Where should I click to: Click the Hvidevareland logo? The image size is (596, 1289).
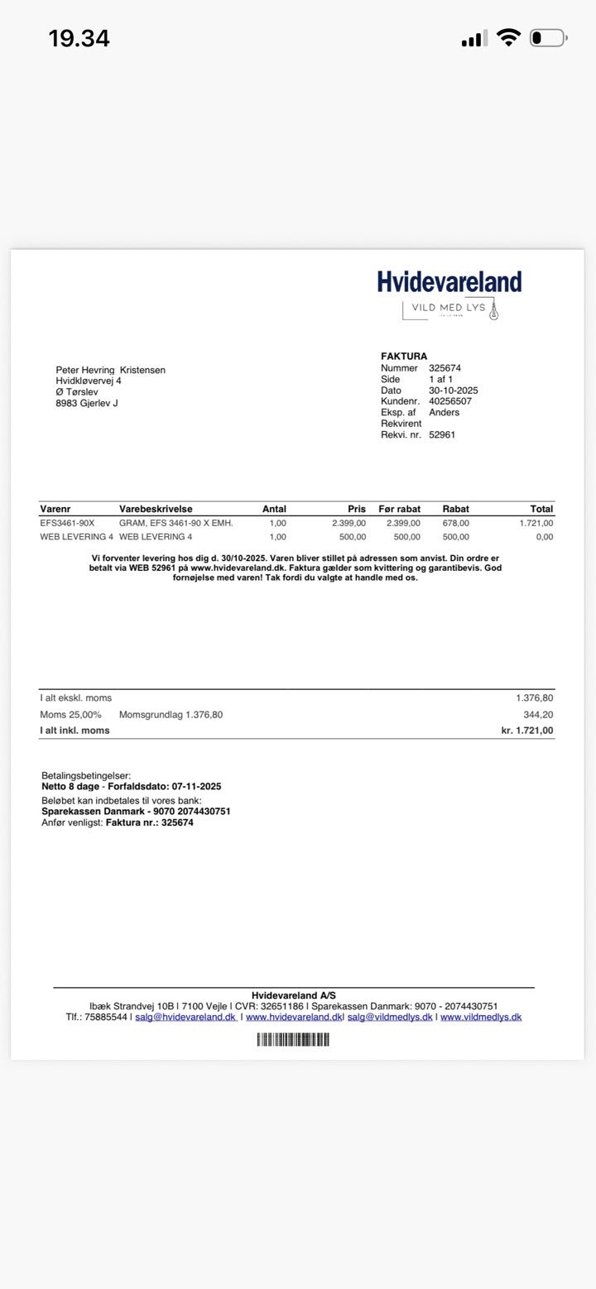click(x=449, y=281)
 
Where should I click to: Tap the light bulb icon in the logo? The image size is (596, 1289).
click(x=494, y=311)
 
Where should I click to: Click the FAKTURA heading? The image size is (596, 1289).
click(x=404, y=357)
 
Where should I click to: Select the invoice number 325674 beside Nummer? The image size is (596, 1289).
click(x=445, y=368)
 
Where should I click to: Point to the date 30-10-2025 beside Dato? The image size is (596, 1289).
click(x=453, y=391)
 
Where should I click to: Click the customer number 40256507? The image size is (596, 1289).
click(x=450, y=401)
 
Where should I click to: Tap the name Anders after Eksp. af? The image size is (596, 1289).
click(x=444, y=412)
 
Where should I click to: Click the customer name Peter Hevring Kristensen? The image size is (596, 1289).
click(x=110, y=370)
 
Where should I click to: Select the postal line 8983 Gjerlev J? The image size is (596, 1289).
click(x=86, y=404)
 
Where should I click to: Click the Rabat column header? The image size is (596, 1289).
click(x=455, y=509)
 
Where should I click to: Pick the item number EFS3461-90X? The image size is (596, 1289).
click(x=67, y=523)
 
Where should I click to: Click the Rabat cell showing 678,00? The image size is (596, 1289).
click(x=455, y=523)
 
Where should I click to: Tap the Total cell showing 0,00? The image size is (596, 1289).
click(x=544, y=537)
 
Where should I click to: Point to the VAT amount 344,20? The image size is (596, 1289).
click(x=538, y=714)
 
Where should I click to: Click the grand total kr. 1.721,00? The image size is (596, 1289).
click(x=527, y=731)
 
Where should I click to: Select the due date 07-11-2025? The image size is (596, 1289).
click(x=196, y=787)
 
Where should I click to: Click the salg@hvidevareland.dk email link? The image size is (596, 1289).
click(x=185, y=1017)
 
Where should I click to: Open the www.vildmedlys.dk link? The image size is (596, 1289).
click(x=481, y=1017)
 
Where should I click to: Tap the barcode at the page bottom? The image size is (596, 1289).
click(x=293, y=1039)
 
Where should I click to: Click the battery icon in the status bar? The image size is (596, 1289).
click(x=547, y=38)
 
